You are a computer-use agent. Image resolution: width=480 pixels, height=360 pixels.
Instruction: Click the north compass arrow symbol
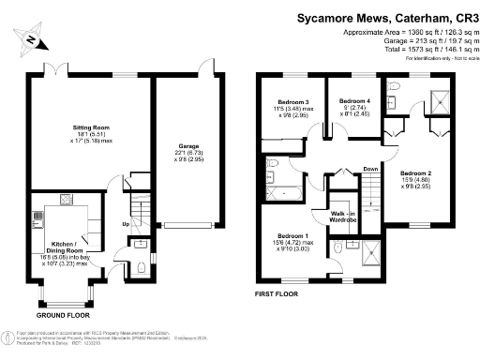click(x=32, y=39)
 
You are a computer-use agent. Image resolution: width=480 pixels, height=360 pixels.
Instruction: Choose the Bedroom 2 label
click(x=415, y=173)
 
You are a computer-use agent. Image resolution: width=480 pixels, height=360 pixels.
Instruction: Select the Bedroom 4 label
click(x=354, y=100)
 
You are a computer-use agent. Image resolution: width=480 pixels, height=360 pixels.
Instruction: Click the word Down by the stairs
click(x=371, y=170)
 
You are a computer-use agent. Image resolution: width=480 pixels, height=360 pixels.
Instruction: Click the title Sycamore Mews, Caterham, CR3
click(x=386, y=17)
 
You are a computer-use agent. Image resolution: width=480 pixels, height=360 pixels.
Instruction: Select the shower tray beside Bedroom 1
click(x=371, y=251)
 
